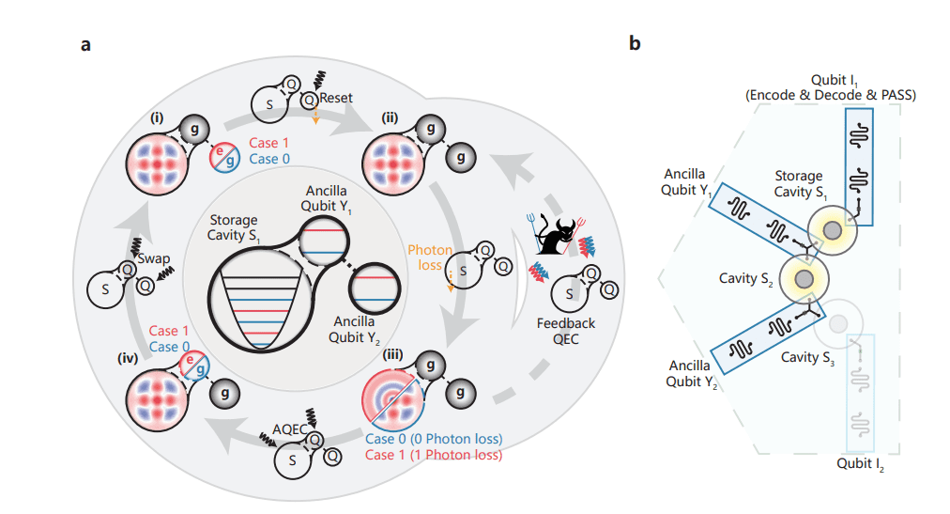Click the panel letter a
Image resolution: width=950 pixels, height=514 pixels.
(85, 44)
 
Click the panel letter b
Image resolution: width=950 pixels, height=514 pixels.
(636, 43)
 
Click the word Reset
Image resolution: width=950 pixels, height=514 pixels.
(335, 97)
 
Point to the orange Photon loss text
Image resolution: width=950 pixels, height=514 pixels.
(430, 258)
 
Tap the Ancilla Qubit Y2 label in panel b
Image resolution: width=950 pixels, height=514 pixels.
(693, 373)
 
